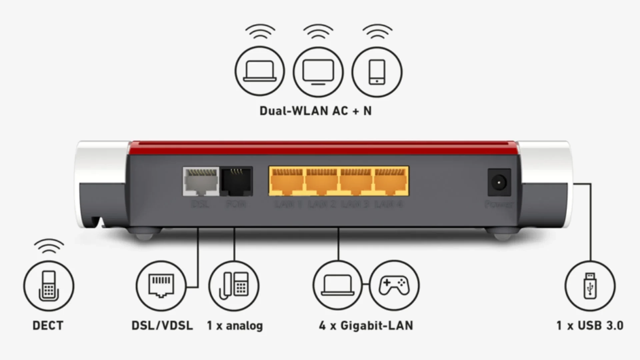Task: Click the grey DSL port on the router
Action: pos(201,181)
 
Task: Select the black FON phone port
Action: pos(236,181)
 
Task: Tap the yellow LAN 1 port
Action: pos(287,181)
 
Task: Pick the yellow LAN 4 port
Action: pos(390,181)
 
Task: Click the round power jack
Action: pos(499,183)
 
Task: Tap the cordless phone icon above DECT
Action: pos(49,286)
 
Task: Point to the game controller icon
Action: pos(394,285)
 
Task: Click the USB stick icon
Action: pos(590,286)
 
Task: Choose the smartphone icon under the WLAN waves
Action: pos(377,72)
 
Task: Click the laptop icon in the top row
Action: pos(260,71)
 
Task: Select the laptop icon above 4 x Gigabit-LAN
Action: pos(338,285)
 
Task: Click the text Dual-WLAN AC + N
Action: pos(315,111)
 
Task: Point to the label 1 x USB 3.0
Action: pos(590,326)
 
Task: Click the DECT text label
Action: pos(48,326)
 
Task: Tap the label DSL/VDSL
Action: pos(162,326)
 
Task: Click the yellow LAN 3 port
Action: pos(356,181)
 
